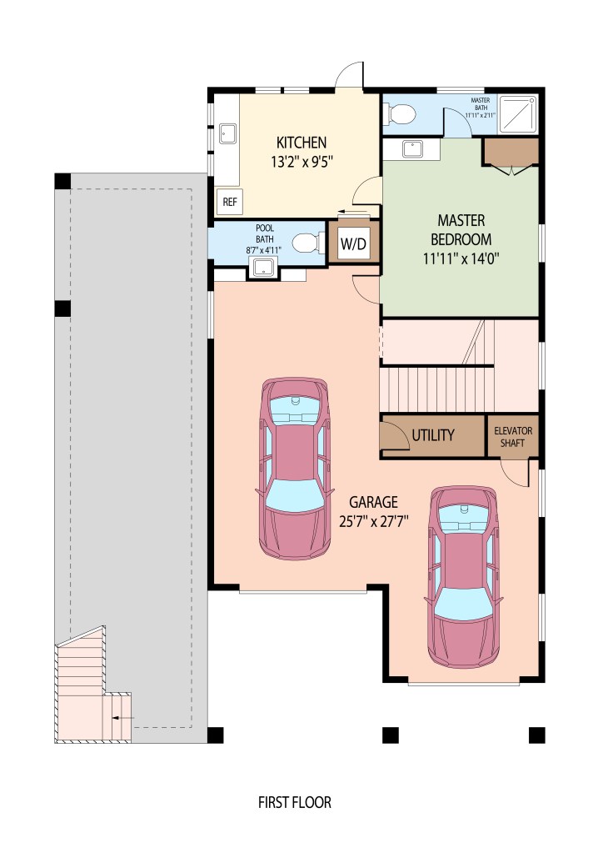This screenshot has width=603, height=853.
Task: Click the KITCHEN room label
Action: click(x=301, y=143)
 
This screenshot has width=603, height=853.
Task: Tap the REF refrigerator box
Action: click(x=230, y=202)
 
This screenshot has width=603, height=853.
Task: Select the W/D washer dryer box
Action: click(x=353, y=243)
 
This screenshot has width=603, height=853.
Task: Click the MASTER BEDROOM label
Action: click(x=461, y=229)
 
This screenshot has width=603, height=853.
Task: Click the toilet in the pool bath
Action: click(x=306, y=243)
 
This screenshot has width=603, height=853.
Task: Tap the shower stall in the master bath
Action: click(x=518, y=113)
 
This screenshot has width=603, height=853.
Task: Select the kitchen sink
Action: click(x=227, y=133)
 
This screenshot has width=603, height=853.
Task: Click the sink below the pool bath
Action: click(x=263, y=267)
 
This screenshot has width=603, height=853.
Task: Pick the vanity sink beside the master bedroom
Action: click(x=413, y=148)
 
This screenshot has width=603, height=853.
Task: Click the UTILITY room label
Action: click(x=433, y=435)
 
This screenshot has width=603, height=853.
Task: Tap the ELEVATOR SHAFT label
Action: click(x=513, y=437)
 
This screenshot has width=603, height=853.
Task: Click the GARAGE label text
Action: click(x=373, y=502)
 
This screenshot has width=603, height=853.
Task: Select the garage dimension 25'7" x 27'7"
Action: click(x=374, y=522)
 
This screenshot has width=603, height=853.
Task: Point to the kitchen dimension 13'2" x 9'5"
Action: click(x=301, y=162)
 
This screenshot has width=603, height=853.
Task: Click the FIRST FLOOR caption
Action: click(x=295, y=802)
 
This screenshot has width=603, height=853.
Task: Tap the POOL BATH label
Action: click(x=265, y=233)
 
